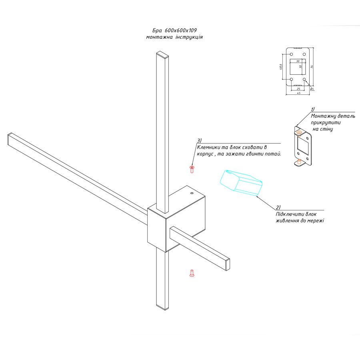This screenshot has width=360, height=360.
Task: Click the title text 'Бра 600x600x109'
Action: pos(174,30)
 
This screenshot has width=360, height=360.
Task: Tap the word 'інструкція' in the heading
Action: pos(189,37)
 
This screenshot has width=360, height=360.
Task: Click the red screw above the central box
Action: pos(192,169)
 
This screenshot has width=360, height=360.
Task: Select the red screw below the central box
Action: pos(192,273)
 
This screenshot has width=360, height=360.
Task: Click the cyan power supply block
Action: pos(241,183)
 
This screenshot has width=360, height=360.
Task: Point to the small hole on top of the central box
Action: pos(192,193)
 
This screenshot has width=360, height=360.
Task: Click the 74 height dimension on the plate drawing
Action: pos(312,66)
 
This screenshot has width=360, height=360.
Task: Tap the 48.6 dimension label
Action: pos(280,67)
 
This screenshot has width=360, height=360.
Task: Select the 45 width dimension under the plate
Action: pos(298,93)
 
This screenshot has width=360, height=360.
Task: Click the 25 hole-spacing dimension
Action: pos(298,89)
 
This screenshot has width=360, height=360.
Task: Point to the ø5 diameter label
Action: pos(312,89)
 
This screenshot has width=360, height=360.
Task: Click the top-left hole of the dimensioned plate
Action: pos(291,54)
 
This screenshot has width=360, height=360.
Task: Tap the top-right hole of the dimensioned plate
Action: pos(304,54)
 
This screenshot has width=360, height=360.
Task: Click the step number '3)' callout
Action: pos(199,140)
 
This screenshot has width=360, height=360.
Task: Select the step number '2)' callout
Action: pos(278,207)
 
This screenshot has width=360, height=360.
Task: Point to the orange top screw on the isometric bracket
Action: pos(299,133)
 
